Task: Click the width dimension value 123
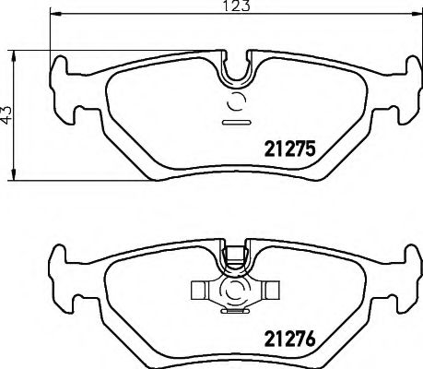coord(233,6)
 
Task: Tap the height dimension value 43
coord(7,114)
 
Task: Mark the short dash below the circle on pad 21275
coord(235,122)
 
